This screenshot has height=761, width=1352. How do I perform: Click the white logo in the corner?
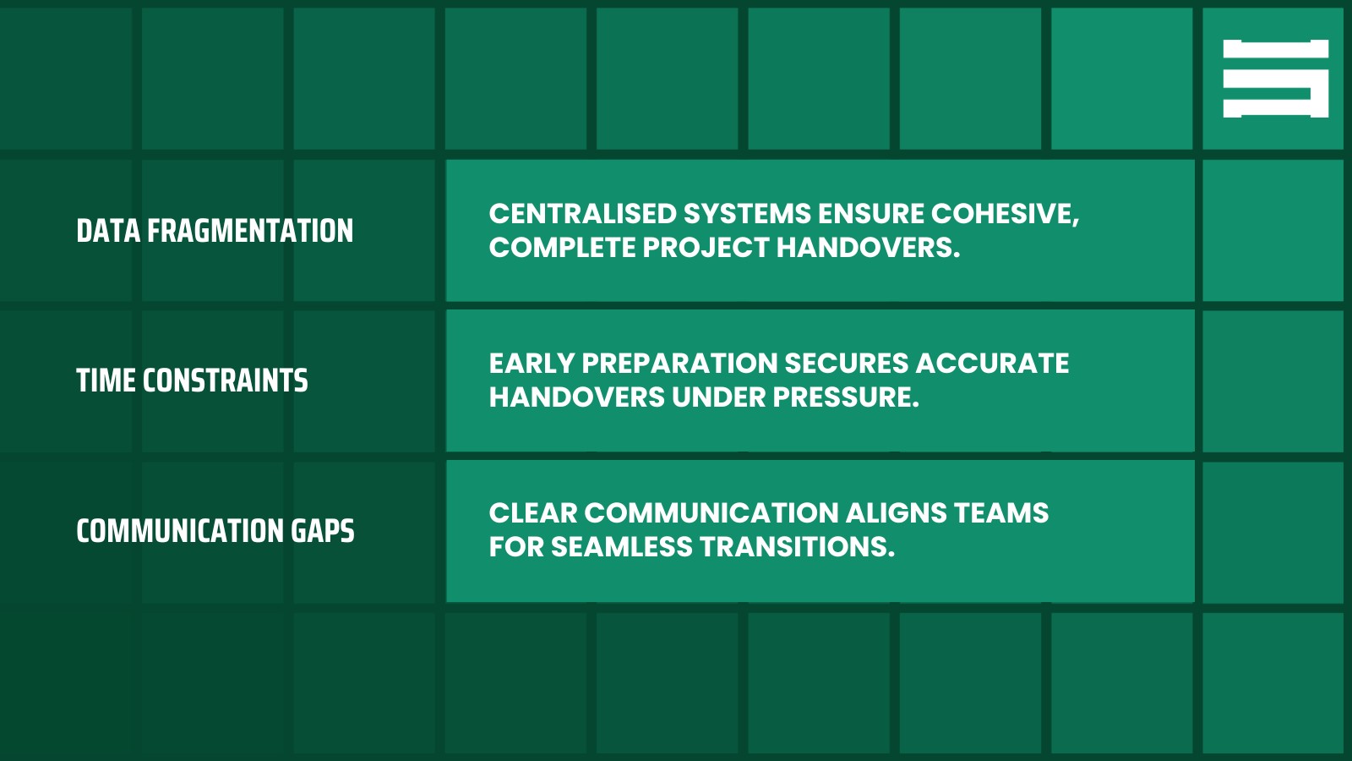pyautogui.click(x=1275, y=79)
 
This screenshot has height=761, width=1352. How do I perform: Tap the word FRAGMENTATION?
pyautogui.click(x=250, y=231)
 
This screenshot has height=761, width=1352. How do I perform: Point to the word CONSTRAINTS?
pyautogui.click(x=225, y=380)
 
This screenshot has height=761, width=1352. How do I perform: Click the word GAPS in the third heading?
pyautogui.click(x=323, y=531)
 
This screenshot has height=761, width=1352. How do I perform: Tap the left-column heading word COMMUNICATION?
pyautogui.click(x=179, y=531)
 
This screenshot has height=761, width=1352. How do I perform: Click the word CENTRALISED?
pyautogui.click(x=582, y=214)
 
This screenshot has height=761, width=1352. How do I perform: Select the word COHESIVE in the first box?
pyautogui.click(x=1004, y=214)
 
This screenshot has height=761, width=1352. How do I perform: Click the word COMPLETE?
pyautogui.click(x=562, y=248)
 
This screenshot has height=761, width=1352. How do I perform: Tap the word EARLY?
pyautogui.click(x=532, y=364)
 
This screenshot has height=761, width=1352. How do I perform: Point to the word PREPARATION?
pyautogui.click(x=679, y=364)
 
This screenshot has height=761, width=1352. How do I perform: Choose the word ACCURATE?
pyautogui.click(x=992, y=364)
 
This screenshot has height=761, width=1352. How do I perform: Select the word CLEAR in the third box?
pyautogui.click(x=532, y=513)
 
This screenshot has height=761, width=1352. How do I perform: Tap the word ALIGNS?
pyautogui.click(x=896, y=513)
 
